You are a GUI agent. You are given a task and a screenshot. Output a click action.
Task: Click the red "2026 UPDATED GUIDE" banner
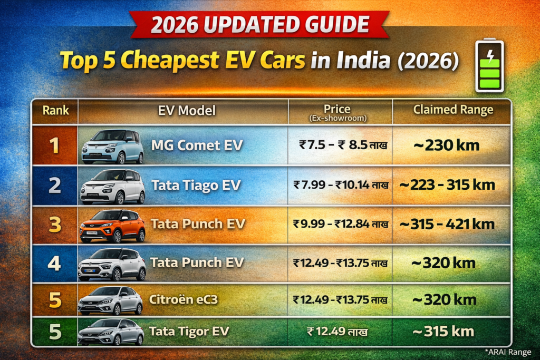pyautogui.click(x=260, y=24)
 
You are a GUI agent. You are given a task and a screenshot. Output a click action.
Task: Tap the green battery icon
pyautogui.click(x=489, y=66)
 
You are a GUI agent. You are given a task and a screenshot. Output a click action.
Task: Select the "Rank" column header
pyautogui.click(x=55, y=111)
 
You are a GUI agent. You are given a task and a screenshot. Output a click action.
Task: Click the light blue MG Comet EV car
pyautogui.click(x=112, y=146)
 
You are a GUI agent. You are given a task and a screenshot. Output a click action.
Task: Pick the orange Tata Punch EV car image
pyautogui.click(x=112, y=225)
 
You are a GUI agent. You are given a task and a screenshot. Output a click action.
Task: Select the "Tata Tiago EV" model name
pyautogui.click(x=196, y=186)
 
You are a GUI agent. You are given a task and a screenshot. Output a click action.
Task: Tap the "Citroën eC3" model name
pyautogui.click(x=184, y=300)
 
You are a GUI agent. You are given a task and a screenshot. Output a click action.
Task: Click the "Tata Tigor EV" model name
pyautogui.click(x=189, y=331)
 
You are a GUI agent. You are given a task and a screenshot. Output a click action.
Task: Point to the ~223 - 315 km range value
pyautogui.click(x=447, y=185)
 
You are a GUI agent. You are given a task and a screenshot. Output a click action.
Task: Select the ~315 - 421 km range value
pyautogui.click(x=447, y=224)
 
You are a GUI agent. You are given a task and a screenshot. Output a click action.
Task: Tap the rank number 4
pyautogui.click(x=54, y=262)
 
